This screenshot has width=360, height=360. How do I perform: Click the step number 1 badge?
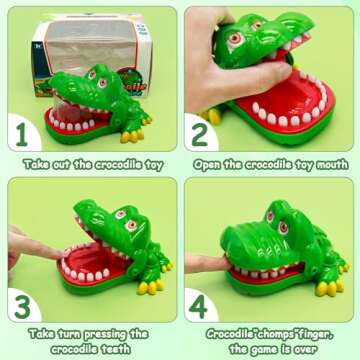coord(21,131)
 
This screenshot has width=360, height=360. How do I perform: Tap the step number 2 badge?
coord(201,132)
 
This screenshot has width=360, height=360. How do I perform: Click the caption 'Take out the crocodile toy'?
coord(91,163)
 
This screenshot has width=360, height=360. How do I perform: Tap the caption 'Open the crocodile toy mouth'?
coord(270,163)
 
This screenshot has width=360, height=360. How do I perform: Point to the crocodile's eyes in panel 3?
coord(124,218)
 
